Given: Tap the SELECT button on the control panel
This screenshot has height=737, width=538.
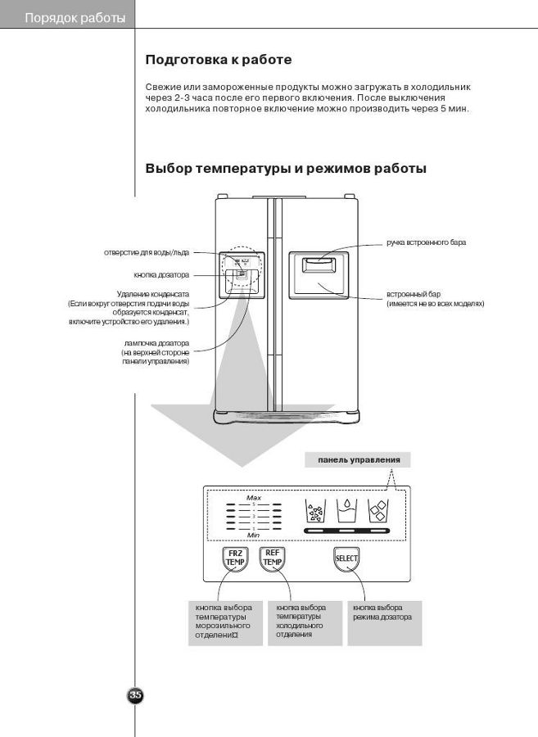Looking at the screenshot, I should [x=346, y=560].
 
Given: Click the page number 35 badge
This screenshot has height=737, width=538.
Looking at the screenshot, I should [x=136, y=695].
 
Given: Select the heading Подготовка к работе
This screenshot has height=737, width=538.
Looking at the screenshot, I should [x=218, y=60].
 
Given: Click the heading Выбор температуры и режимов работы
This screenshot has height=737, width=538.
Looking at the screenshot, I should [x=285, y=169].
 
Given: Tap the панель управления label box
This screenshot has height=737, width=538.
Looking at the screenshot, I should [x=358, y=460].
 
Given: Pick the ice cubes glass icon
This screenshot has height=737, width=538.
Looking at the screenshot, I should [x=377, y=511].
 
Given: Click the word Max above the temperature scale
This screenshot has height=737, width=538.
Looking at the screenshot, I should [x=254, y=497].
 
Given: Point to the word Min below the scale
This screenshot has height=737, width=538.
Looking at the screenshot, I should [x=254, y=535].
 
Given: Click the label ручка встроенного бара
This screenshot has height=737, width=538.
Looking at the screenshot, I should [x=426, y=243].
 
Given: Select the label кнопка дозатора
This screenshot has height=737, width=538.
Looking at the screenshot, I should [x=161, y=274].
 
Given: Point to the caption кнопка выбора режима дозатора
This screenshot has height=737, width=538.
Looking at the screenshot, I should [x=382, y=613].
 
